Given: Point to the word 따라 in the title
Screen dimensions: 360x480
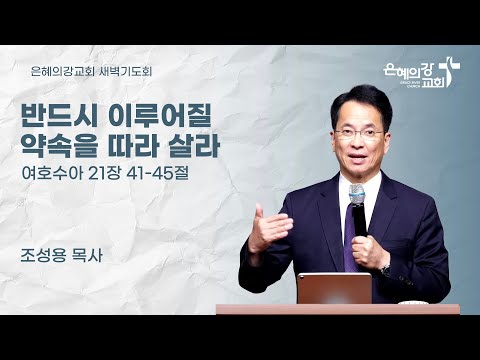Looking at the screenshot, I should [136, 147].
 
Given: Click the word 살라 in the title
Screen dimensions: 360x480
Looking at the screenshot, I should [196, 147].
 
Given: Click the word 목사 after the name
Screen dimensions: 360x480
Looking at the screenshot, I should [92, 244].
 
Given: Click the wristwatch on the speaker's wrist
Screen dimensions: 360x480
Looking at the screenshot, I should [385, 267].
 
